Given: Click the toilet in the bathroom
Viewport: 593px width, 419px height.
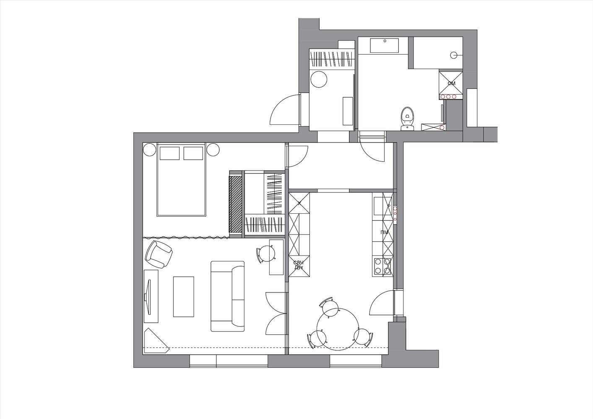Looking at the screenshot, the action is pyautogui.click(x=407, y=119).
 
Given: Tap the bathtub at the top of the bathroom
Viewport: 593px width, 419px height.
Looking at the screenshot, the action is pyautogui.click(x=385, y=46).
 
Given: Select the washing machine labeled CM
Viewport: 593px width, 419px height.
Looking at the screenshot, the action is pyautogui.click(x=451, y=83).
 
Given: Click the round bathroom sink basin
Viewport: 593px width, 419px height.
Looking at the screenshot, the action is pyautogui.click(x=454, y=55).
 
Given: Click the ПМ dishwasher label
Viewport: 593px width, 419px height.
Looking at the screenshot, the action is pyautogui.click(x=384, y=233).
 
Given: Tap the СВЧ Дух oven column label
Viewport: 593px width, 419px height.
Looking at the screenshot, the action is pyautogui.click(x=298, y=265).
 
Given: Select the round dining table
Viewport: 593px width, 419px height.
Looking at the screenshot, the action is pyautogui.click(x=338, y=329).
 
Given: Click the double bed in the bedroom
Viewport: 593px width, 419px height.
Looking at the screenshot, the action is pyautogui.click(x=181, y=180).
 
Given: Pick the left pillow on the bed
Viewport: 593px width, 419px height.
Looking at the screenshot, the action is pyautogui.click(x=169, y=153).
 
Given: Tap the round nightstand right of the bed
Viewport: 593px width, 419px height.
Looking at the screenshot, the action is pyautogui.click(x=213, y=150).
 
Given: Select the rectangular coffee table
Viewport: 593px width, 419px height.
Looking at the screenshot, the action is pyautogui.click(x=183, y=297).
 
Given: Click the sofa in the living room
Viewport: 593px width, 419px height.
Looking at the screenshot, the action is pyautogui.click(x=228, y=296).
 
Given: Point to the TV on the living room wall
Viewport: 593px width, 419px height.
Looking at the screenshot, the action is pyautogui.click(x=147, y=297).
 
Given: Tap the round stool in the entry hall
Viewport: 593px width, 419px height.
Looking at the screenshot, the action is pyautogui.click(x=319, y=79).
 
